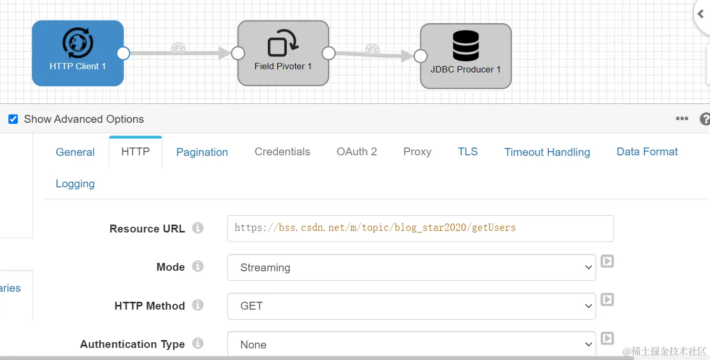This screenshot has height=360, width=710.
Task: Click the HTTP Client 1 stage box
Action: pos(78,53)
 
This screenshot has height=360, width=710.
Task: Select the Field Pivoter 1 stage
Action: pos(283,53)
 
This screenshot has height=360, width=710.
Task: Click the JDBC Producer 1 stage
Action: pos(465,56)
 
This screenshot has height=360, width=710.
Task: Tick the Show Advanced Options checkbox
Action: pos(13,119)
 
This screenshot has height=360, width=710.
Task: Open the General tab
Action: pos(75,152)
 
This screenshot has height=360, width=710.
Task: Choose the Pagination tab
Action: pos(202,152)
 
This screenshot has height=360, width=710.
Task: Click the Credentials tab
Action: pos(282,152)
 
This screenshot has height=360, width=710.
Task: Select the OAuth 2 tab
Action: pos(357,152)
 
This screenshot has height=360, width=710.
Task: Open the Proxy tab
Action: pos(417,152)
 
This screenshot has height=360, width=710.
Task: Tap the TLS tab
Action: pos(467,152)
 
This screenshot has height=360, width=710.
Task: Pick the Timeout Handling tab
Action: pos(547,152)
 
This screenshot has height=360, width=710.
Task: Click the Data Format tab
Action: pos(647,152)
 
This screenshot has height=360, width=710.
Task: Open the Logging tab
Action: pos(75,184)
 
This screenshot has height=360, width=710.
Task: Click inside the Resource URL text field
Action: pos(420,228)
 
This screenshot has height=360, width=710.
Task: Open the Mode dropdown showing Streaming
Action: pos(411,268)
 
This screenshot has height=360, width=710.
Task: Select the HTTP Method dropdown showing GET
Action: pos(411,306)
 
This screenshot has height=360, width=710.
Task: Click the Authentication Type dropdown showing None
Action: pos(411,344)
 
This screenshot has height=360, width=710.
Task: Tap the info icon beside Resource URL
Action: pos(197,228)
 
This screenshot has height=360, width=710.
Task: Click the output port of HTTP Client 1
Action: pos(123,53)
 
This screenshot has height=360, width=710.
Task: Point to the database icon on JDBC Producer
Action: pos(465,46)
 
